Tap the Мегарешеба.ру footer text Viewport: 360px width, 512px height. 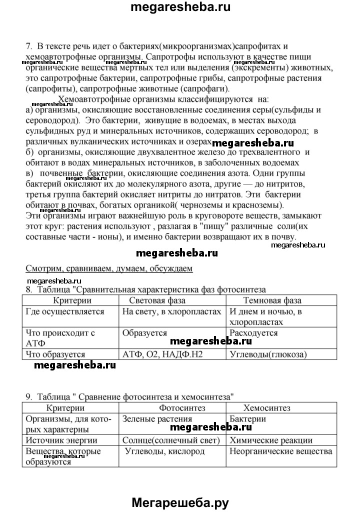point(180,501)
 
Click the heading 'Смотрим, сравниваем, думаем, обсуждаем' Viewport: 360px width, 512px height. point(108,268)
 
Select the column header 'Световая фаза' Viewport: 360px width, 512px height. point(157,300)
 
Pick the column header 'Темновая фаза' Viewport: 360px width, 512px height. point(272,300)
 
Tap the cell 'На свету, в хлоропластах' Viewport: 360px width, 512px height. point(171,311)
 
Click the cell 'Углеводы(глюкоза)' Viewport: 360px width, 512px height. point(267,354)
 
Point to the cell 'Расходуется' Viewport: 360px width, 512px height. point(253,333)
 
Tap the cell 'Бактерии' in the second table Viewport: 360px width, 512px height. point(247,419)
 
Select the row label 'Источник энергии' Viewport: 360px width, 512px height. point(61,440)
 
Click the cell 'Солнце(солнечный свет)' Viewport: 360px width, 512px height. point(171,440)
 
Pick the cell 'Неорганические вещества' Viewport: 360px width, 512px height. point(280,451)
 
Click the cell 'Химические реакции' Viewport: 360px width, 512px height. point(271,440)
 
